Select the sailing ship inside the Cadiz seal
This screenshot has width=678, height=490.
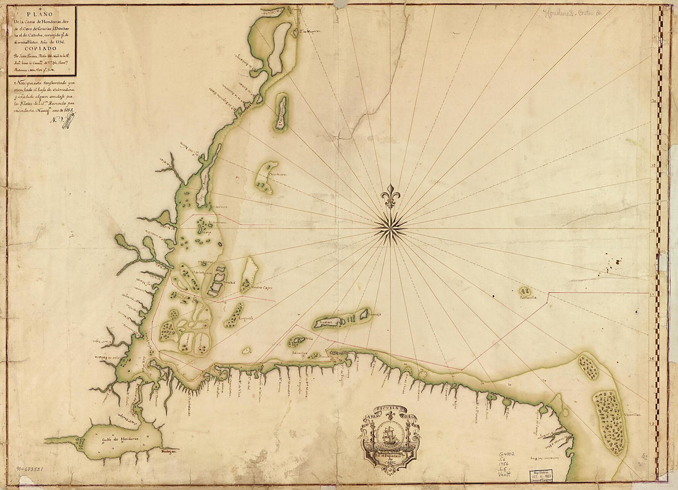point(390,436)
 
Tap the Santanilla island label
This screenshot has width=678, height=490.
point(528,296)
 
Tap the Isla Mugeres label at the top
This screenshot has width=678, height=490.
point(306,32)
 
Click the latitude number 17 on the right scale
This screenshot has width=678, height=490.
point(652,295)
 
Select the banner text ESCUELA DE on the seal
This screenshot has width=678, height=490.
point(390,410)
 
